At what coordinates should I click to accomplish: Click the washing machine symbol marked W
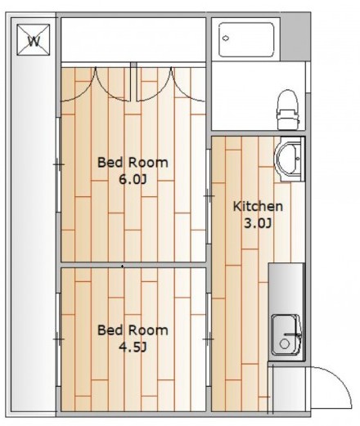34,40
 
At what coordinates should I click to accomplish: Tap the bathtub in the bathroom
246,40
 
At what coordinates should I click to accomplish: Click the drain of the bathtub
226,38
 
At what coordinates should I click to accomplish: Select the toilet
287,110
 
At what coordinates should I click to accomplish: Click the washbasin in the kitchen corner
290,159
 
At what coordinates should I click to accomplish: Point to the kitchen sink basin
286,335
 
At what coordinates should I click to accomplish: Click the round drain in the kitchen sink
285,344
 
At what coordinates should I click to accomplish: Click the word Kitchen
258,206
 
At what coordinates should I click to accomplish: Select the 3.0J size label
258,223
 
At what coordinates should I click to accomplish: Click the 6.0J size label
133,180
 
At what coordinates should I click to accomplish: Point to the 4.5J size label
133,348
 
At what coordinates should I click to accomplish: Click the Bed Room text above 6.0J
133,163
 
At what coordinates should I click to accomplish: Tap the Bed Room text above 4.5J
133,330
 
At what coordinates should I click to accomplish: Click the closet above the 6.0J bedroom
133,40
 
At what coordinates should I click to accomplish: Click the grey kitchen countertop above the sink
286,288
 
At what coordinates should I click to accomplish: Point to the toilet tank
286,119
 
